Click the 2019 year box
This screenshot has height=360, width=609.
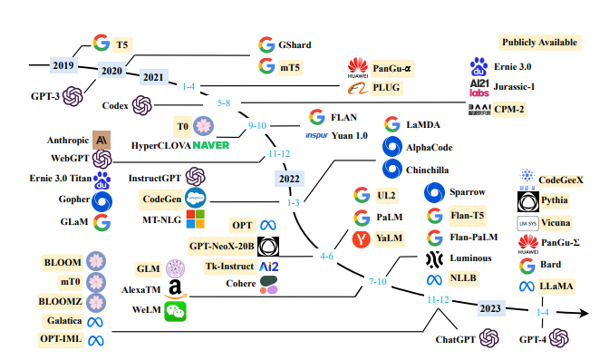pyautogui.click(x=63, y=65)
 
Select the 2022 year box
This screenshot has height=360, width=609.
pyautogui.click(x=289, y=179)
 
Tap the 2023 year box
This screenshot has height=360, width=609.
pyautogui.click(x=490, y=308)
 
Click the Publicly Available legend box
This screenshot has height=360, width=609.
pyautogui.click(x=539, y=43)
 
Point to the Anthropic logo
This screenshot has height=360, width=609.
pyautogui.click(x=101, y=140)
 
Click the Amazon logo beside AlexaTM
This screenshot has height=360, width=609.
pyautogui.click(x=175, y=289)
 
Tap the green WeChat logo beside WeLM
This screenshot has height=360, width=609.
pyautogui.click(x=175, y=311)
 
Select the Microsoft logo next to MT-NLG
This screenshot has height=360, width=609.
pyautogui.click(x=196, y=219)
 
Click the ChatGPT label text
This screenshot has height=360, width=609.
pyautogui.click(x=455, y=340)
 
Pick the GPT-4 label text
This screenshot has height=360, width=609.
pyautogui.click(x=533, y=340)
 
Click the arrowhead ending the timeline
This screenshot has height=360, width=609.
pyautogui.click(x=583, y=313)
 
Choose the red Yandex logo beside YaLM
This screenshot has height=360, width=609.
pyautogui.click(x=362, y=238)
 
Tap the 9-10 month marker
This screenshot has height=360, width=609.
pyautogui.click(x=257, y=125)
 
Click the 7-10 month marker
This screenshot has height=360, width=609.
pyautogui.click(x=378, y=281)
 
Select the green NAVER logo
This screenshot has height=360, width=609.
pyautogui.click(x=211, y=145)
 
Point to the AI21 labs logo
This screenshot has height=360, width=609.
pyautogui.click(x=479, y=88)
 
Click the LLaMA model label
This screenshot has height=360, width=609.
pyautogui.click(x=556, y=287)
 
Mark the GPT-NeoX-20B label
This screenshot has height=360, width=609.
pyautogui.click(x=222, y=247)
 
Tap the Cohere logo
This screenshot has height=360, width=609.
pyautogui.click(x=269, y=285)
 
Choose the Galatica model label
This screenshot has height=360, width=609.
pyautogui.click(x=64, y=321)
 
